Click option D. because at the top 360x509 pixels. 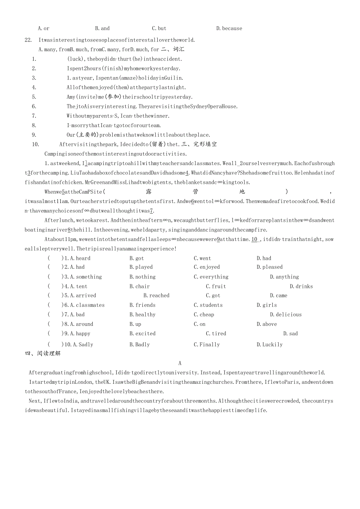tap(229, 28)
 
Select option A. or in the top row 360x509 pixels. tap(43, 28)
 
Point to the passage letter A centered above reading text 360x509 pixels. tap(180, 363)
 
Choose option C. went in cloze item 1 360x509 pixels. tap(202, 258)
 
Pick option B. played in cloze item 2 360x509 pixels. tap(141, 267)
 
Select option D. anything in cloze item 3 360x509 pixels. tap(284, 277)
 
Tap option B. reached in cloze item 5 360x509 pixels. tap(156, 296)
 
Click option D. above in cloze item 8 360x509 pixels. tap(266, 324)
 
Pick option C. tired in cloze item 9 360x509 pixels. tap(216, 334)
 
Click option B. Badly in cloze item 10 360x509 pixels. tap(140, 345)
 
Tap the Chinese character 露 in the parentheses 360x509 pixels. tap(148, 192)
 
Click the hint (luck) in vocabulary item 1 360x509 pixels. tap(76, 59)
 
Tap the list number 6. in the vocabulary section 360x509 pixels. tap(34, 106)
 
